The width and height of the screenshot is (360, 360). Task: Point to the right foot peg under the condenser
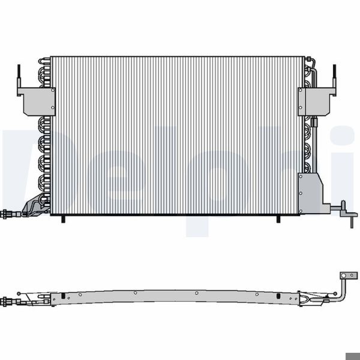[x=278, y=218]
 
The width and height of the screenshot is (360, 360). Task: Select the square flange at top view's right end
[x=347, y=277]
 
